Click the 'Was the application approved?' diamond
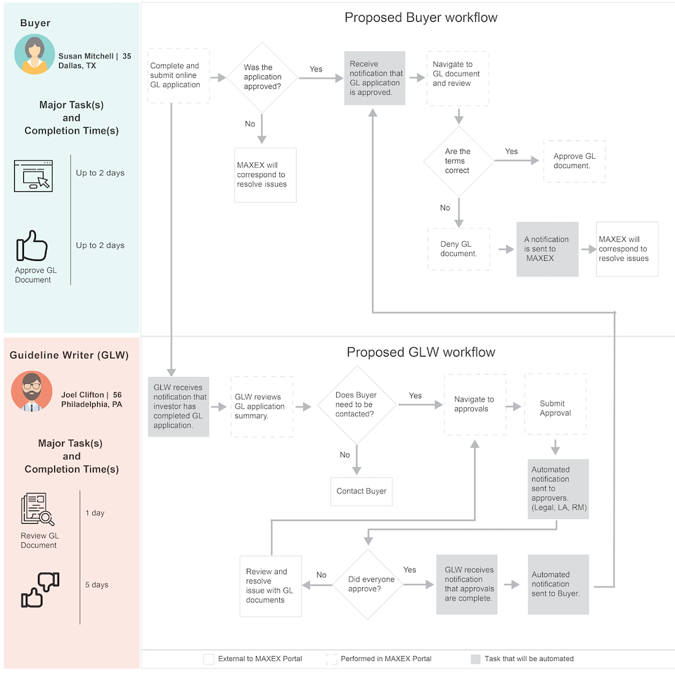pyautogui.click(x=262, y=77)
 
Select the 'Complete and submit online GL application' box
pyautogui.click(x=179, y=75)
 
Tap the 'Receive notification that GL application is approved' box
pyautogui.click(x=375, y=78)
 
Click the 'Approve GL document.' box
pyautogui.click(x=574, y=161)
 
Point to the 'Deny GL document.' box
pyautogui.click(x=459, y=249)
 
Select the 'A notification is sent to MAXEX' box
pyautogui.click(x=547, y=249)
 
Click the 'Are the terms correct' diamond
pyautogui.click(x=458, y=161)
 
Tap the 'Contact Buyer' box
pyautogui.click(x=361, y=491)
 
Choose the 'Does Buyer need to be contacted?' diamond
pyautogui.click(x=357, y=405)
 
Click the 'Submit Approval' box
pyautogui.click(x=555, y=404)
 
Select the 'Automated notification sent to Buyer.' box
pyautogui.click(x=558, y=584)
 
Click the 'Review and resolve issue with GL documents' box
pyautogui.click(x=270, y=586)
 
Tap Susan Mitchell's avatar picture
pyautogui.click(x=34, y=55)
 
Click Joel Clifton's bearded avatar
pyautogui.click(x=32, y=391)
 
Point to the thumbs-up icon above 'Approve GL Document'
pyautogui.click(x=32, y=246)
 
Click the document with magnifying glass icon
pyautogui.click(x=37, y=509)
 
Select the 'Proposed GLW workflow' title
pyautogui.click(x=421, y=352)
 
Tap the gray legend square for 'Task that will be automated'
pyautogui.click(x=476, y=659)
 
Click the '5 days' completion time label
pyautogui.click(x=97, y=584)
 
